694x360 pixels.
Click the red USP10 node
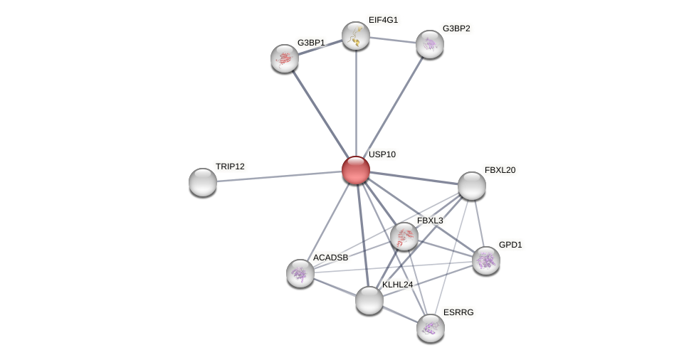click(x=356, y=170)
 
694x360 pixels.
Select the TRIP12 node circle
click(x=203, y=182)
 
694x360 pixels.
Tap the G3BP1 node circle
click(x=285, y=58)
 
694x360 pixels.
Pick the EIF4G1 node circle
click(x=356, y=36)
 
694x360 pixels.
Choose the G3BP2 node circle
click(x=430, y=44)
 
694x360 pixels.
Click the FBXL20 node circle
click(x=472, y=186)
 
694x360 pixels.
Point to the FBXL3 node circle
click(x=404, y=236)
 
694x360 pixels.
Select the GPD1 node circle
click(x=486, y=260)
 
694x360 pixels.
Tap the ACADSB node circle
click(x=300, y=273)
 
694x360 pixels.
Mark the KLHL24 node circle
click(x=369, y=300)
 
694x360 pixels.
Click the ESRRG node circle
click(x=431, y=328)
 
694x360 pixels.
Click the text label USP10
click(x=382, y=154)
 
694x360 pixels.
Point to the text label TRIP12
click(x=230, y=166)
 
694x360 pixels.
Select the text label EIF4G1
click(x=383, y=20)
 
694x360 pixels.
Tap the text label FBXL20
click(x=500, y=170)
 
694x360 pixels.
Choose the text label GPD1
click(x=510, y=245)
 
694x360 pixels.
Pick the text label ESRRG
click(x=458, y=312)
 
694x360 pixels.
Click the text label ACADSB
click(x=331, y=258)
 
